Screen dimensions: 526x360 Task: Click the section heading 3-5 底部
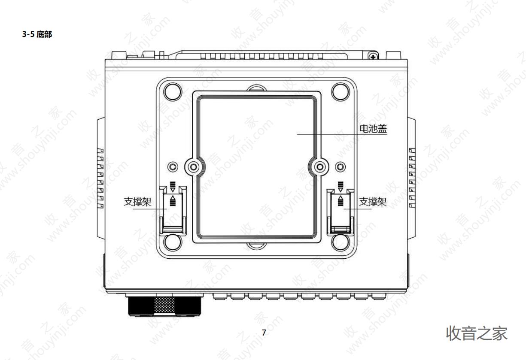(37, 34)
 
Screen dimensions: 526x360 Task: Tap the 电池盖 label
(373, 129)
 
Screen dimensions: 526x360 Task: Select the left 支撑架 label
(137, 202)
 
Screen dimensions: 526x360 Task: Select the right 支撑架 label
(373, 202)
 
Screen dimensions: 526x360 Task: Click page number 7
(264, 333)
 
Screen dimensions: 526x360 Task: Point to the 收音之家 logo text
(477, 333)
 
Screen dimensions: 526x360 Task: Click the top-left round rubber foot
(173, 92)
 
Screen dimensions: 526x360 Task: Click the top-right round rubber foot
(341, 92)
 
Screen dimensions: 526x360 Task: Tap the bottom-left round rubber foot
(173, 242)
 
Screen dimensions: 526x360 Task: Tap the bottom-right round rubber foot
(341, 242)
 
